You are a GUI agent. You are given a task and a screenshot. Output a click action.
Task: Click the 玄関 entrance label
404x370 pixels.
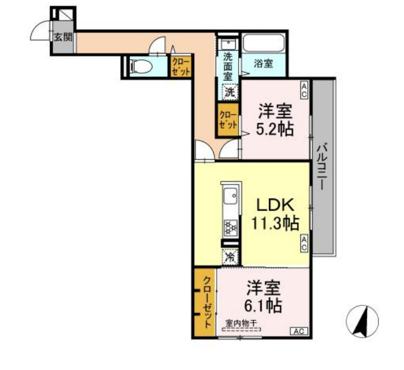click(x=63, y=38)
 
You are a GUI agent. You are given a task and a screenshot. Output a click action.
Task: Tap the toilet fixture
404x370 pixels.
click(x=141, y=66)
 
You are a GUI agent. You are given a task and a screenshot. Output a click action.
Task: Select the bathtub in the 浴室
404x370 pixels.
click(x=263, y=43)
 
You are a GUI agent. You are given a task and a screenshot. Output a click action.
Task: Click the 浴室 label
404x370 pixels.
click(x=263, y=64)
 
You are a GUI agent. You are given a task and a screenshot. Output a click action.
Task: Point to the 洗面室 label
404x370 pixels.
click(x=227, y=67)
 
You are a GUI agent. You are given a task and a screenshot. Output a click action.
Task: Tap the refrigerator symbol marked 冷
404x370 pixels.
click(x=230, y=256)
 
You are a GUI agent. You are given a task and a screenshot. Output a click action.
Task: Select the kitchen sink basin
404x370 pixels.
click(x=231, y=196)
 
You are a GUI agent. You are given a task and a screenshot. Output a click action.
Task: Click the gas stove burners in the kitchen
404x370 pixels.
click(x=231, y=228)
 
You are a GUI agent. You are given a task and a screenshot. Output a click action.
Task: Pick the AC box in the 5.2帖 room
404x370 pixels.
click(x=304, y=90)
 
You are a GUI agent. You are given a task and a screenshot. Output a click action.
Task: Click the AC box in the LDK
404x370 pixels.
click(x=304, y=243)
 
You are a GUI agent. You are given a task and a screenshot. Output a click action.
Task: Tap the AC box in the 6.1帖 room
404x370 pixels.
click(x=299, y=331)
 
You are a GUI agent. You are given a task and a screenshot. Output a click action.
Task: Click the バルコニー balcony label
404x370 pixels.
click(x=322, y=166)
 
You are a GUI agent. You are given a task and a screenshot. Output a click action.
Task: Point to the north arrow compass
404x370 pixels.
click(x=362, y=321)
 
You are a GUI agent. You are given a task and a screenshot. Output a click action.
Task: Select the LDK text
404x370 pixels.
click(x=275, y=205)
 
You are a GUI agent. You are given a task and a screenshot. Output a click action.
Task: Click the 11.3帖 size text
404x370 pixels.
click(x=275, y=223)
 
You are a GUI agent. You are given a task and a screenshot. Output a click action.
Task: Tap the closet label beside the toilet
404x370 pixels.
click(x=181, y=67)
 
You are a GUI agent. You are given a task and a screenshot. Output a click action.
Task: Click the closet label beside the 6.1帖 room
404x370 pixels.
click(x=208, y=302)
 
